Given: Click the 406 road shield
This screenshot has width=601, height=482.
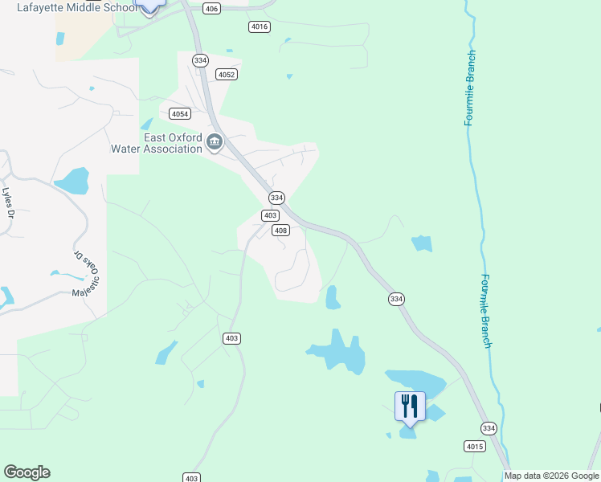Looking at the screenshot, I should coord(211,9).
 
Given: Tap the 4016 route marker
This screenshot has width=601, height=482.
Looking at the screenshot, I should coord(259,27).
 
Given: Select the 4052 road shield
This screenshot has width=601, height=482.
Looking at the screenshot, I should coord(227,75).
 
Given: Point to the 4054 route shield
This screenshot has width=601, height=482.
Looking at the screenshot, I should coord(180,114).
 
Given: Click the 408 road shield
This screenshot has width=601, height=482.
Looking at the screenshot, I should coord(280,231).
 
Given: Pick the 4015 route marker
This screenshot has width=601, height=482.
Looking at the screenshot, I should coord(475,446).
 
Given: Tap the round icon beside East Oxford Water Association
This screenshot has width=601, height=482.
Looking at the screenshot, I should coord(215,143).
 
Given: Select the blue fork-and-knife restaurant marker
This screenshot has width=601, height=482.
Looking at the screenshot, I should coord(410,406).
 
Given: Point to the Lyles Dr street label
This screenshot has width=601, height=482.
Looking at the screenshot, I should coord(9,203).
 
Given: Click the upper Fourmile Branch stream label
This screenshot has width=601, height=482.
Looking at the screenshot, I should coord(471,88).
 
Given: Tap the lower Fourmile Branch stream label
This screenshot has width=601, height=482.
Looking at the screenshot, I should coord(486,311).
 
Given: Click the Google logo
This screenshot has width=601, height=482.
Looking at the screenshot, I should coord(27,472).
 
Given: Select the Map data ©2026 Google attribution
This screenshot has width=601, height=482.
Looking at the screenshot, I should coord(551,476).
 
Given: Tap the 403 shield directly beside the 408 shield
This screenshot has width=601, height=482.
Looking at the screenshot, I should coord(270,215).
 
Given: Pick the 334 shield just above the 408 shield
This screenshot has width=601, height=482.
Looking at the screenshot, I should coord(276,198).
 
